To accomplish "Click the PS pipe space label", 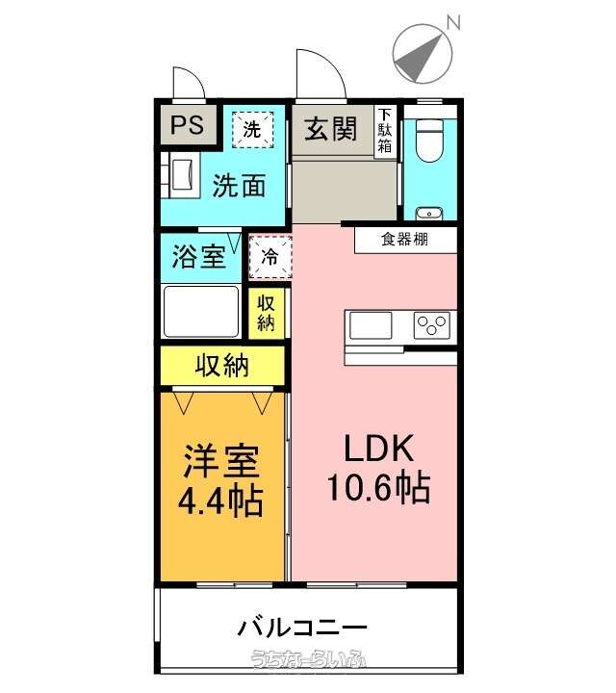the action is tap(187, 124).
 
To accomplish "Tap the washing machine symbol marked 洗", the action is tap(253, 130).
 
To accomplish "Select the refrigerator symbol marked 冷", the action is tap(270, 257).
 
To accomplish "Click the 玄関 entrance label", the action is tap(330, 129).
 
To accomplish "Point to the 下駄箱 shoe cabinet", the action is tap(384, 131).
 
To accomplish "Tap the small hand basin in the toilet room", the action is tap(429, 214).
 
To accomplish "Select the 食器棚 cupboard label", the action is tap(404, 239).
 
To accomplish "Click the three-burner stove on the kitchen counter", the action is tap(432, 325).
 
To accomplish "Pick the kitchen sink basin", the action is tap(371, 325).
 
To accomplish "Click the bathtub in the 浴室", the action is tap(201, 312).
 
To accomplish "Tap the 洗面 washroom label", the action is tap(239, 186).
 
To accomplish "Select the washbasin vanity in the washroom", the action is tap(180, 174).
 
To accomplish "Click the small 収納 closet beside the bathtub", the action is tap(266, 314).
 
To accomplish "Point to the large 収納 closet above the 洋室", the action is tap(222, 366).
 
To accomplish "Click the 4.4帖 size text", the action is tap(220, 501).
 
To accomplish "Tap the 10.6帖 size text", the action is tap(378, 487).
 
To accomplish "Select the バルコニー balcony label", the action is tap(302, 628).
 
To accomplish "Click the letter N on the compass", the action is tap(453, 22).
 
